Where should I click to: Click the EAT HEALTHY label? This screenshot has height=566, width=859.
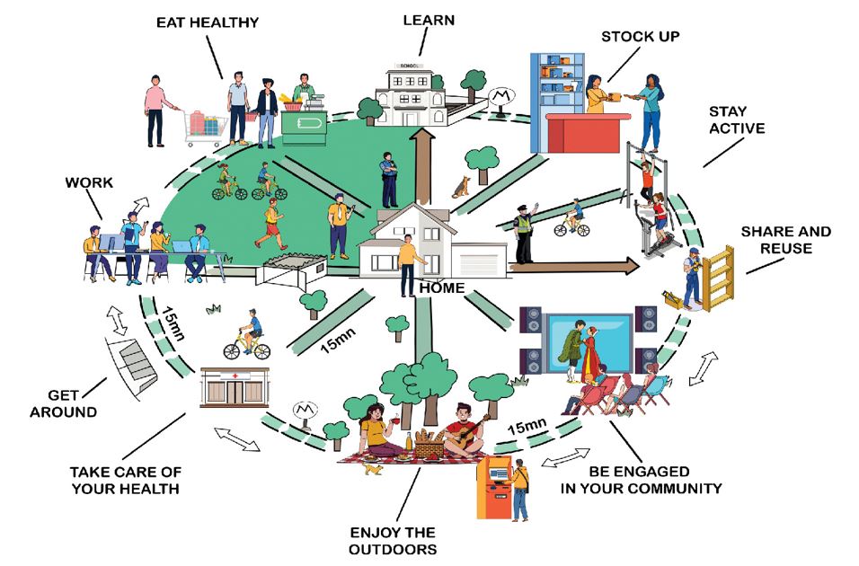(x=207, y=22)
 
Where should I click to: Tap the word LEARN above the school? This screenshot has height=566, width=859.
(x=429, y=21)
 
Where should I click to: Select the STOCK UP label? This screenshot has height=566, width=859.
(x=640, y=37)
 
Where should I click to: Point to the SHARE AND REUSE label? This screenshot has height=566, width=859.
(x=785, y=240)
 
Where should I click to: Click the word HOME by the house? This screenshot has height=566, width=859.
(x=442, y=287)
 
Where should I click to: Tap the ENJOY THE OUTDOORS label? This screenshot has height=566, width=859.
(x=393, y=541)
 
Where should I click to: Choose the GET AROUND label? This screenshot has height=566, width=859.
(x=64, y=403)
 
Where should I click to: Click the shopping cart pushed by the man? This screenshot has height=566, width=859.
(x=206, y=127)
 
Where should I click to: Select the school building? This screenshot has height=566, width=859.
(x=409, y=93)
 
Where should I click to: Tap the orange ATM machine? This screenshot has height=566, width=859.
(x=494, y=487)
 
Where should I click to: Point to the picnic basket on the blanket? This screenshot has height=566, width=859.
(x=429, y=443)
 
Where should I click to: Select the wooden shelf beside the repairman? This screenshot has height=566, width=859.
(x=718, y=279)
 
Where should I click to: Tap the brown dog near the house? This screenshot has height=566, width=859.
(x=462, y=188)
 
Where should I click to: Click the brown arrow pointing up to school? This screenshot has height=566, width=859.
(x=423, y=164)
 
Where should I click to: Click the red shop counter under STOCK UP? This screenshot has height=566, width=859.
(x=588, y=133)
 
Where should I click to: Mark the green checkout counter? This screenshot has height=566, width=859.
(x=304, y=128)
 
